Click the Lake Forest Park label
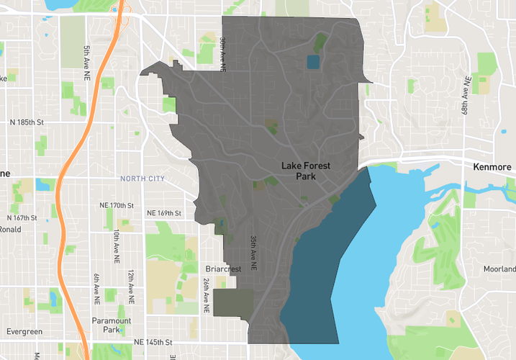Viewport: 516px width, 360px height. pos(306,171)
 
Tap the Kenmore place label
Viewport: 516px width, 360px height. pos(492,166)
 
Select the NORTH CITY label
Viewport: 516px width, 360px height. pos(142,179)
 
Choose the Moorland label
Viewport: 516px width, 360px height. pos(499,269)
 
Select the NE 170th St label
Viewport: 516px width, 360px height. pos(117,205)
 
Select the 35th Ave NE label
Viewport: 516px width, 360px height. pos(253,252)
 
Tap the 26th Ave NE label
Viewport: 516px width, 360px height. pos(206,295)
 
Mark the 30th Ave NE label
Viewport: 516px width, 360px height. pos(224,54)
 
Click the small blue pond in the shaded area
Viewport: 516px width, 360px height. pos(312,62)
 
